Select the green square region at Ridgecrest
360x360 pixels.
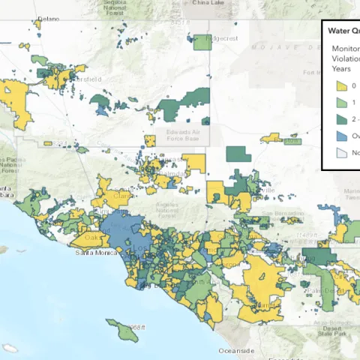[x=202, y=43]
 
